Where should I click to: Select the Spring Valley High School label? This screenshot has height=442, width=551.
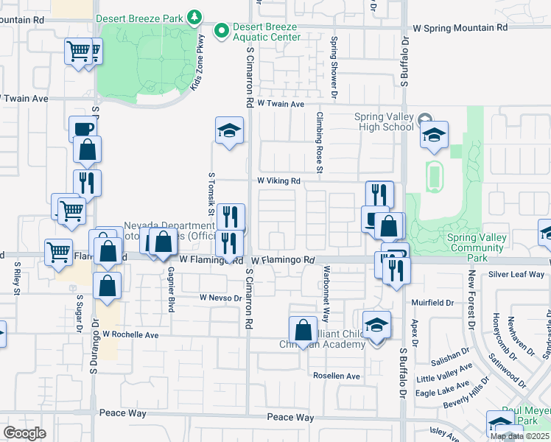[384, 122]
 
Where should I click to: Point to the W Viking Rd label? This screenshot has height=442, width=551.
[278, 180]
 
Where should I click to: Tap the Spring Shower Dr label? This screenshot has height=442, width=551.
[334, 59]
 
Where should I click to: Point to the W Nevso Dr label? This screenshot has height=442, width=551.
[220, 298]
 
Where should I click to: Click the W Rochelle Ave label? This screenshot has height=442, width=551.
[130, 334]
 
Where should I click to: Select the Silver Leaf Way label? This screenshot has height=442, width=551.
[516, 274]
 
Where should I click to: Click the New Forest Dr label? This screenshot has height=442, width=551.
[471, 300]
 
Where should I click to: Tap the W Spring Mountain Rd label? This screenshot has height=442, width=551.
[460, 27]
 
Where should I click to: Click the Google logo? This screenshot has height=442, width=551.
[24, 433]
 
